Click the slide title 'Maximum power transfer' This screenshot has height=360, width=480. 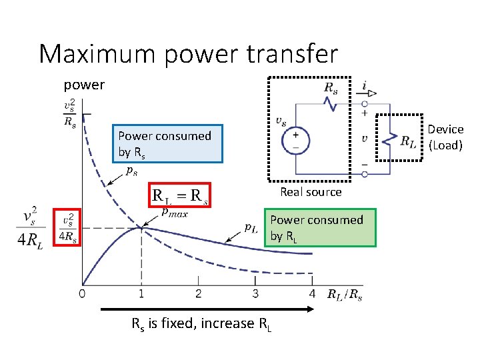pos(189,53)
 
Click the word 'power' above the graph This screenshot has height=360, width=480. pos(84,85)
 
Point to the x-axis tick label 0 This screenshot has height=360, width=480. pos(81,293)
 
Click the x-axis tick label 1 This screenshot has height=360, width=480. pos(141,293)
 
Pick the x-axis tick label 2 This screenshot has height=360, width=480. pos(198,293)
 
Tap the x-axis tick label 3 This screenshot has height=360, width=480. pos(255,293)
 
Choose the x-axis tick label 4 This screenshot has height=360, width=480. pos(312,293)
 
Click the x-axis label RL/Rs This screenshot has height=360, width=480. pos(344,294)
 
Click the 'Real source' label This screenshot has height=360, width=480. pos(311,192)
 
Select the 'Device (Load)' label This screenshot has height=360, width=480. pos(445,137)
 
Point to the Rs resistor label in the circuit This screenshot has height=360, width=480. pos(330,87)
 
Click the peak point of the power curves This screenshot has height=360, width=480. pos(141,228)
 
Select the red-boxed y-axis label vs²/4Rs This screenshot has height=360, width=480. pos(68,227)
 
